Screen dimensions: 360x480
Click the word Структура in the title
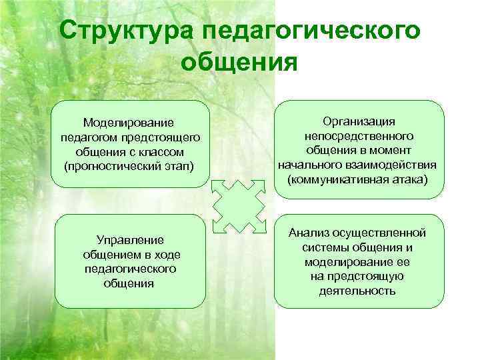click(x=124, y=32)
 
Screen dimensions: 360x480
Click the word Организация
click(x=359, y=121)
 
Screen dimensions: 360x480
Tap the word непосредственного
click(x=359, y=136)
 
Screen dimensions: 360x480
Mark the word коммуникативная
click(x=343, y=179)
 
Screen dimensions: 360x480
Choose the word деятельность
click(x=359, y=291)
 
